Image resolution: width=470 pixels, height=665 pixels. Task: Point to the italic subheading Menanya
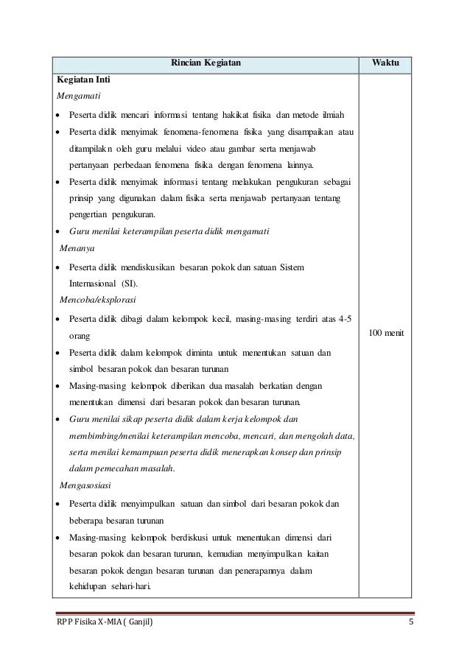75,249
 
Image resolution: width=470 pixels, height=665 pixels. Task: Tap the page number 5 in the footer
410,625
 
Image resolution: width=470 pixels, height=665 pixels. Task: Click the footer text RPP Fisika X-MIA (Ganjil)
106,625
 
